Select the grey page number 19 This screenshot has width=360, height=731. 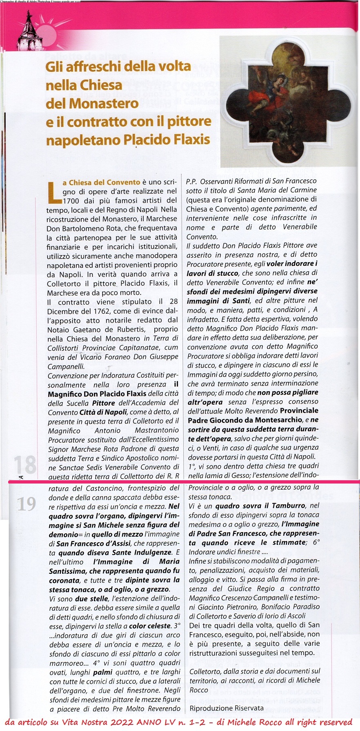pyautogui.click(x=27, y=504)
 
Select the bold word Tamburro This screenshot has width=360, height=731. pyautogui.click(x=289, y=506)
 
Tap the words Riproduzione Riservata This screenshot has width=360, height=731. pyautogui.click(x=227, y=708)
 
